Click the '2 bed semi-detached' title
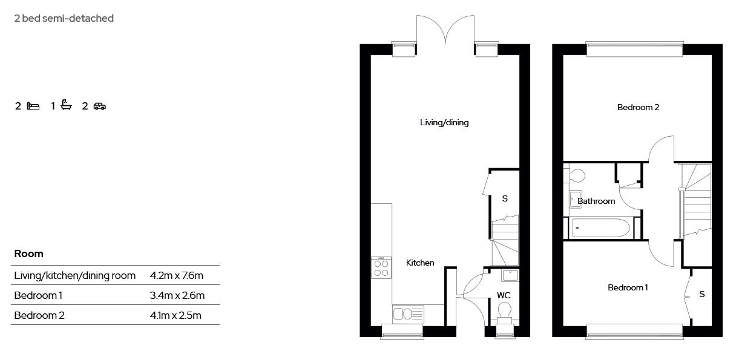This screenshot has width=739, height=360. point(64,18)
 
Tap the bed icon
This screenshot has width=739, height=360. point(33,106)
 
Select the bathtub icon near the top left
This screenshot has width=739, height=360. point(67,105)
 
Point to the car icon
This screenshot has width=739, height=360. point(100,106)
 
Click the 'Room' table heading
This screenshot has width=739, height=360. point(28,254)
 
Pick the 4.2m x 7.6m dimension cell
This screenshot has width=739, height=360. point(177,275)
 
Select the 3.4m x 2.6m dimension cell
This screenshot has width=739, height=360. point(177,295)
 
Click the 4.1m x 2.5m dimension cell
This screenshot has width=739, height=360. point(176,315)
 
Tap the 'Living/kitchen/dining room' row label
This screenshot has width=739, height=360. point(75,276)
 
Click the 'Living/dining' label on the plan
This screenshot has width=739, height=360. point(444,123)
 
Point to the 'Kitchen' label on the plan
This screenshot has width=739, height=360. point(420,263)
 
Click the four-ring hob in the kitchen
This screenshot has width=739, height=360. point(381,268)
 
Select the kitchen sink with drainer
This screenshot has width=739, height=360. point(408,314)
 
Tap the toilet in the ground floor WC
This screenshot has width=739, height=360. point(504,315)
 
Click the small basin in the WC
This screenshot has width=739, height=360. point(510,275)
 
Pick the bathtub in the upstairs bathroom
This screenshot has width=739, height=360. point(601,228)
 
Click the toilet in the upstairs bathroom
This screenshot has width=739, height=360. point(574,175)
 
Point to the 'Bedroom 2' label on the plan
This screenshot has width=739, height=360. point(638,107)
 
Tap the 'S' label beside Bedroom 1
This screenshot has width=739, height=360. point(701,294)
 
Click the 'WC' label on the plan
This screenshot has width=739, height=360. point(504,295)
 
